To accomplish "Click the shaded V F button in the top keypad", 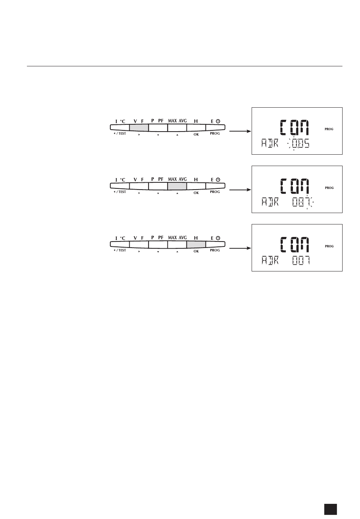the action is tap(139, 127).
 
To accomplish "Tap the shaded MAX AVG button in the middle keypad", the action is tap(177, 186).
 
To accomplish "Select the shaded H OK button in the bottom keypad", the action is tap(196, 245).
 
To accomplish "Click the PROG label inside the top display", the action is tap(329, 129).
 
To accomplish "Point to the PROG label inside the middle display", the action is tap(329, 188).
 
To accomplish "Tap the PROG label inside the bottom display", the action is tap(329, 246).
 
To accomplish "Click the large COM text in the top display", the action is tap(294, 128).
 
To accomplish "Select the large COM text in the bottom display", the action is tap(294, 245).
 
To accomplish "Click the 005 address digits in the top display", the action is tap(299, 144).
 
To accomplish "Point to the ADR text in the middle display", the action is tap(269, 202).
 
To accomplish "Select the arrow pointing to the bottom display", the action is tap(241, 248).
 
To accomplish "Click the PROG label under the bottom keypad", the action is tap(215, 250).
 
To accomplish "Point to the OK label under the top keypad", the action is tap(196, 134).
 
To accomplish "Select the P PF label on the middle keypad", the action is tap(158, 179).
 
